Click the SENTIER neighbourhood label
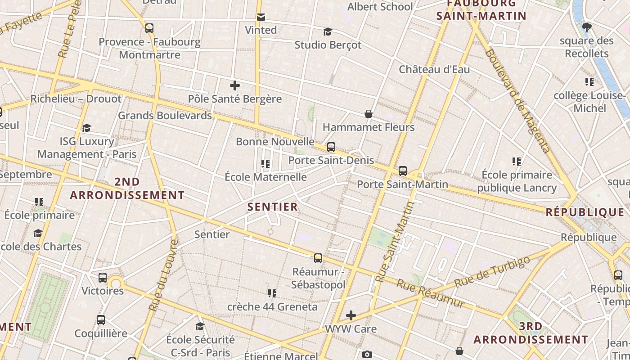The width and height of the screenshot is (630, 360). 273,207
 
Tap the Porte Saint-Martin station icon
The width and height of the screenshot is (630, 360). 403,171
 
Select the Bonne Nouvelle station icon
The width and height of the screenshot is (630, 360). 331,147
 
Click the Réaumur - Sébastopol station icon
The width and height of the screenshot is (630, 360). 318,258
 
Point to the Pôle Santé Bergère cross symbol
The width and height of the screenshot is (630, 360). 234,85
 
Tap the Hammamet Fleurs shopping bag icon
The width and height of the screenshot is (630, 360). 369,114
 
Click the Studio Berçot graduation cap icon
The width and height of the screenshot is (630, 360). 328,31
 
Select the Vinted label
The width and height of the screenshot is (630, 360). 261,30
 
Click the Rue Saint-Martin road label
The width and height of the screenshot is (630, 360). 395,242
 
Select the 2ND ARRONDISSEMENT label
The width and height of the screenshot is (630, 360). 127,188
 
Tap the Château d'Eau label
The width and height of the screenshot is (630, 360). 434,69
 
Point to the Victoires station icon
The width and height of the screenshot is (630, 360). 103,278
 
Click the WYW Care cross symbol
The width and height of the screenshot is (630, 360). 351,315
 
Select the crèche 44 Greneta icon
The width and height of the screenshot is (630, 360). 272,293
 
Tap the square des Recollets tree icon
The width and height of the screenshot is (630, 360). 586,27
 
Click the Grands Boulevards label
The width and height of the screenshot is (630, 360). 165,115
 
